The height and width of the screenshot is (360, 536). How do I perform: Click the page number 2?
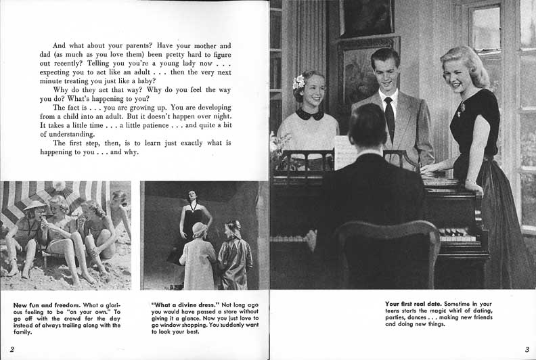[12, 348]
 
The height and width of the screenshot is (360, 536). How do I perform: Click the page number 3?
[526, 349]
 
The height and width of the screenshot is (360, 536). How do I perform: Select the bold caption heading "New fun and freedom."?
[42, 305]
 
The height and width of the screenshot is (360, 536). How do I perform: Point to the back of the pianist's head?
[367, 125]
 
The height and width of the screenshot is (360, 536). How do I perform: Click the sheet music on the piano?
[345, 153]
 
